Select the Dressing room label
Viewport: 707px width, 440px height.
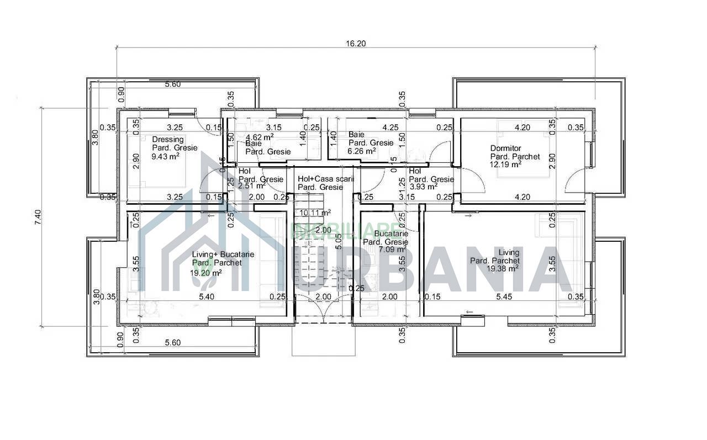(168, 140)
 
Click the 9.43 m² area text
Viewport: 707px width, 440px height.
(165, 156)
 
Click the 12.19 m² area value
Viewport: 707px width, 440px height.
(506, 165)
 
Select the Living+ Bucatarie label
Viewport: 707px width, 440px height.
(223, 255)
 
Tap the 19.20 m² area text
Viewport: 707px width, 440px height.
(206, 272)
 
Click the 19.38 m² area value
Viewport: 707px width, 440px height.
(502, 268)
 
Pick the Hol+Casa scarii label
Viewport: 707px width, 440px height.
(325, 179)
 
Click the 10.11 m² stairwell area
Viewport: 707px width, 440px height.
(315, 213)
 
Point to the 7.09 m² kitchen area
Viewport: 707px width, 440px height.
(392, 250)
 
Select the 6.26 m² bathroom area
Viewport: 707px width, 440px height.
(362, 150)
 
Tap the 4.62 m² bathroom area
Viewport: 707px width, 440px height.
(260, 136)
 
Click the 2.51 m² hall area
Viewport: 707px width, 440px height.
(252, 185)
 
